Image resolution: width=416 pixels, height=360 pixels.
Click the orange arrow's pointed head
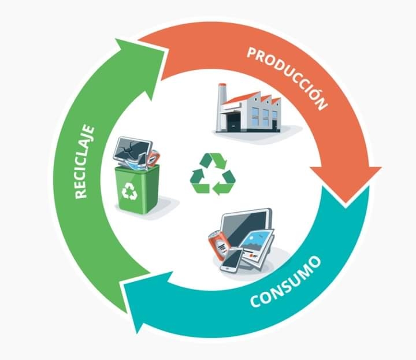[346, 184]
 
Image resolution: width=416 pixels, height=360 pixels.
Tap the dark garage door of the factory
[234, 123]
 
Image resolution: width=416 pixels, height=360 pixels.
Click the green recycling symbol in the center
[213, 173]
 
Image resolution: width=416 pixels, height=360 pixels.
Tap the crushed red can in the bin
[153, 157]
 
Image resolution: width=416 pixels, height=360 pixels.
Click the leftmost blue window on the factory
[255, 116]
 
